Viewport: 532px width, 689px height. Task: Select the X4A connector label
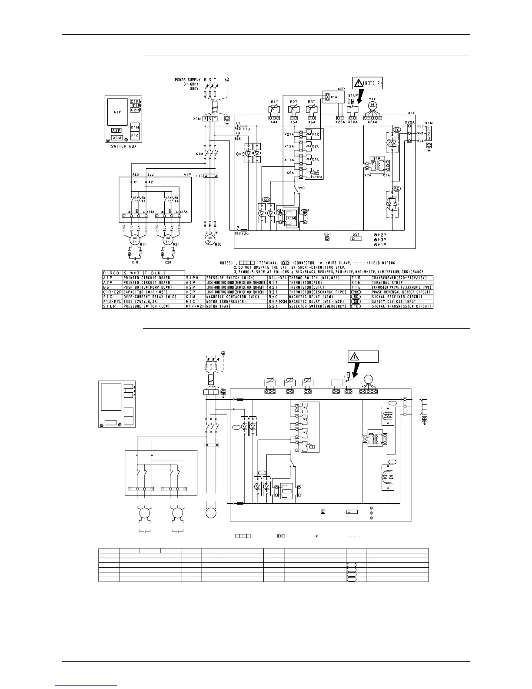(274, 122)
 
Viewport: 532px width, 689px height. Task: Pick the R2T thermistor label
(293, 101)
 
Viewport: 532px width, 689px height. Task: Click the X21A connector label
(289, 134)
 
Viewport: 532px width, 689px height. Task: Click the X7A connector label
(368, 174)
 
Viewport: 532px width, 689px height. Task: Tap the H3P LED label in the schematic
(382, 240)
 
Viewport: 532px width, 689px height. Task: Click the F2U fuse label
(244, 234)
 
